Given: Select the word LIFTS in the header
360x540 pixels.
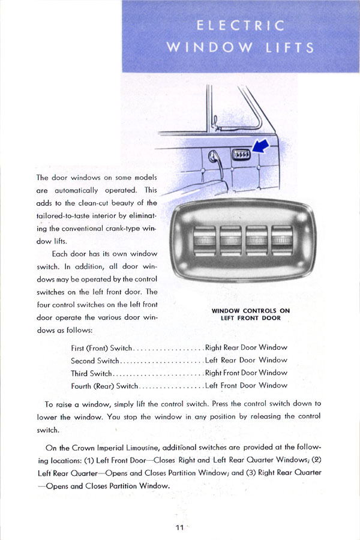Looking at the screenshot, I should (x=290, y=47).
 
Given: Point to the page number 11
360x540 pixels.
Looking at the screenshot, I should (x=179, y=527).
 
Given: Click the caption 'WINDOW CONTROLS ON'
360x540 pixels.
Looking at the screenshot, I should (x=250, y=311).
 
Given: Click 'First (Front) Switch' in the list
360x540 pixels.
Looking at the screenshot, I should (x=100, y=348).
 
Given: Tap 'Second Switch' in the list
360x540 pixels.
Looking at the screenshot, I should (x=95, y=361).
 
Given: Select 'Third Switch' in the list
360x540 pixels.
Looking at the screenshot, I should (x=91, y=373).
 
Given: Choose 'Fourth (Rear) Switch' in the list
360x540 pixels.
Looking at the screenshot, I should (x=104, y=386).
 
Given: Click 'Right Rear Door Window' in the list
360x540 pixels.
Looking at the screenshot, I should (x=246, y=347).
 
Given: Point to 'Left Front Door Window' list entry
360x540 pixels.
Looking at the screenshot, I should (x=246, y=386).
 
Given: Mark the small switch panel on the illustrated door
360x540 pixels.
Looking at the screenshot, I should (x=240, y=155).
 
